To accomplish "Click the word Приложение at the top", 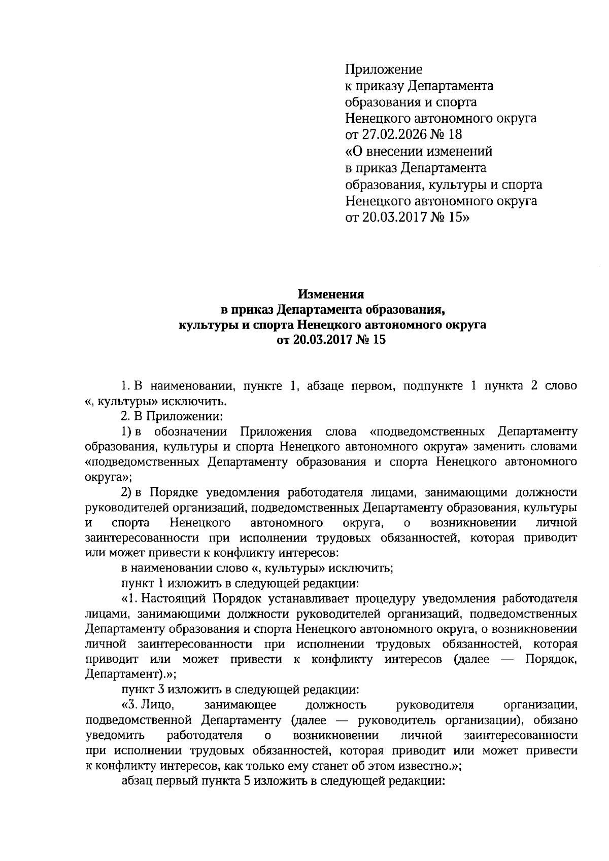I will [x=384, y=69].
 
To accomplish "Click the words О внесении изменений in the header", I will [x=419, y=152].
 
